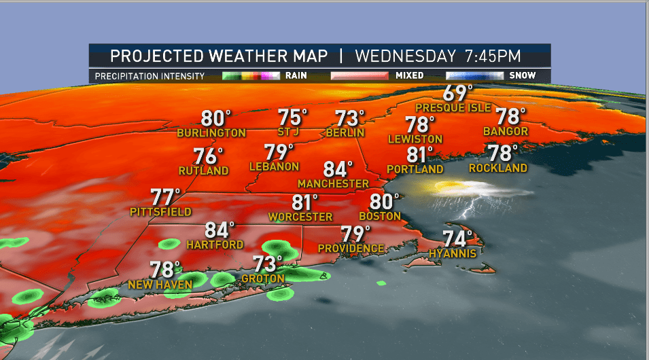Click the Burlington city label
click(x=211, y=133)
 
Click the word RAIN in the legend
click(x=296, y=75)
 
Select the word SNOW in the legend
click(x=523, y=75)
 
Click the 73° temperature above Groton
click(x=268, y=264)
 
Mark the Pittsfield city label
click(x=160, y=212)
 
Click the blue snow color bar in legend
click(x=474, y=75)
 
